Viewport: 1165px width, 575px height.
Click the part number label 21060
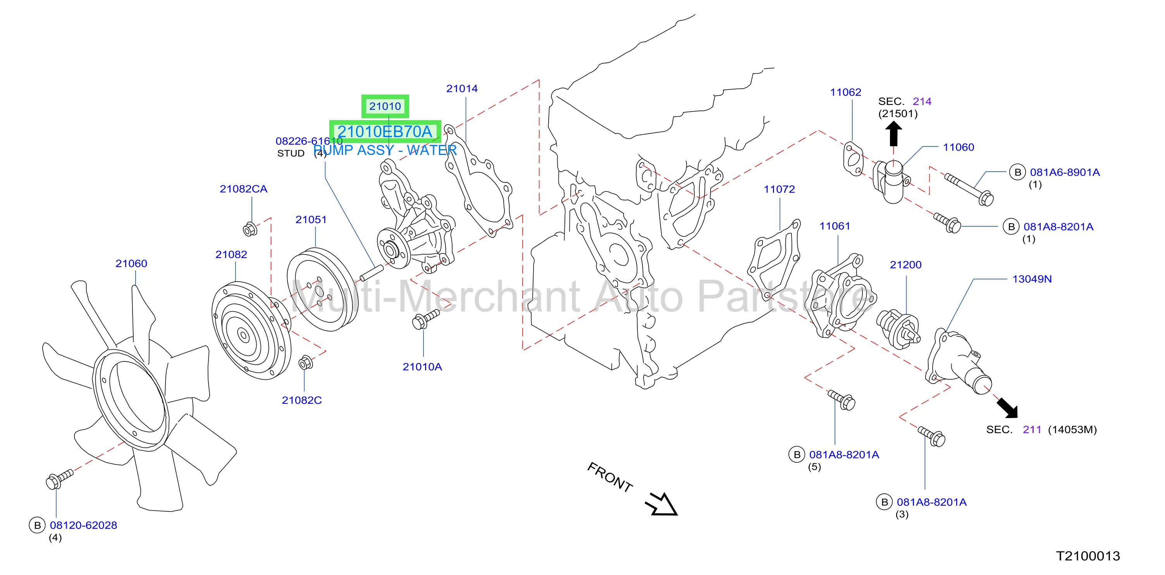coord(131,263)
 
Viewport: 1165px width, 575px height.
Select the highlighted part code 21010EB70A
coord(385,132)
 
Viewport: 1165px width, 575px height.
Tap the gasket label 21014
coord(462,89)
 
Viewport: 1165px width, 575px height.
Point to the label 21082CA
coord(243,189)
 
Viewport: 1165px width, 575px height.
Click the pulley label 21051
coord(311,219)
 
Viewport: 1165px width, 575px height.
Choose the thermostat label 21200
coord(905,265)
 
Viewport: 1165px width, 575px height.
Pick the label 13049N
coord(1032,279)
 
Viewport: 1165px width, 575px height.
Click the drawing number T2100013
coord(1088,556)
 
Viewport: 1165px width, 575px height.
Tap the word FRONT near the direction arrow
coord(610,477)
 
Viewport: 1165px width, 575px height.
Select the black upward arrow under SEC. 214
coord(893,134)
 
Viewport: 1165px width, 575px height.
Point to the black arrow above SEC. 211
coord(1007,408)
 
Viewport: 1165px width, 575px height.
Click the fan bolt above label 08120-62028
coord(59,479)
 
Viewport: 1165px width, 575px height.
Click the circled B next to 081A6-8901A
coord(1017,172)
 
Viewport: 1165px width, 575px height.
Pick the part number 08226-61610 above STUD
coord(309,141)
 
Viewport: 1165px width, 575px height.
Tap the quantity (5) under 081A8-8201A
coord(814,467)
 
